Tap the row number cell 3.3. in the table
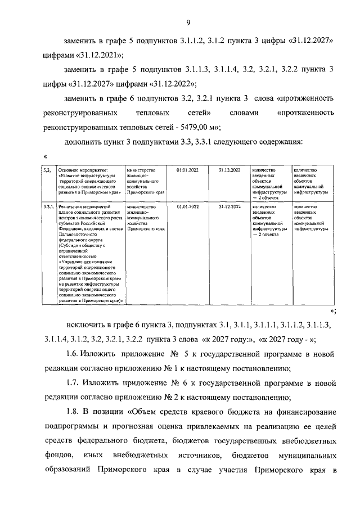coord(47,169)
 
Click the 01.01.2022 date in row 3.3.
coord(187,169)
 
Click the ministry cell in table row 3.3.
coord(146,181)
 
